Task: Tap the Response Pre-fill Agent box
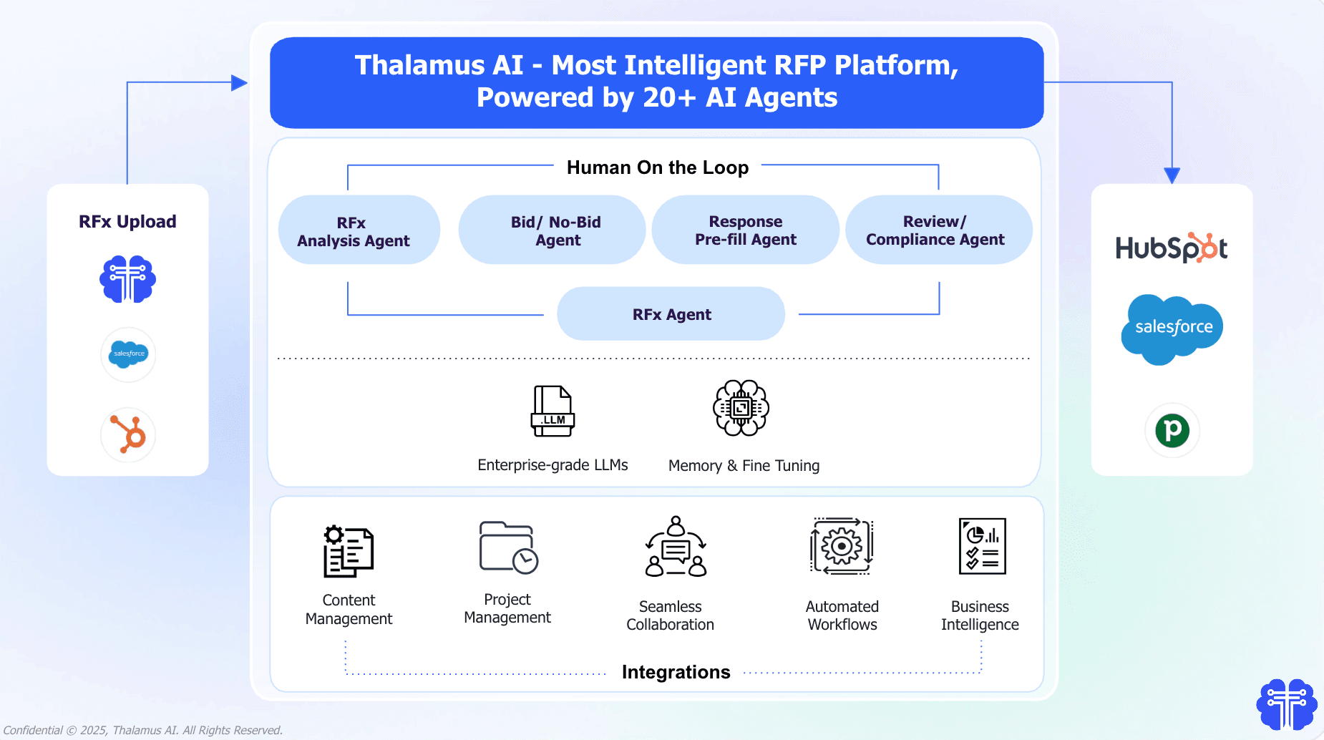point(745,230)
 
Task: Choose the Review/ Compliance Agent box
point(938,230)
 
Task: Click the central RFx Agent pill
point(671,314)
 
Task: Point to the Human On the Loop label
point(657,167)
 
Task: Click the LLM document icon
point(553,411)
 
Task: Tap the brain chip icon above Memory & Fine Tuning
point(741,408)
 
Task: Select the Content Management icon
point(349,551)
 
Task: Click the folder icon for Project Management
point(508,547)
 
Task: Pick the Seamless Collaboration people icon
point(676,547)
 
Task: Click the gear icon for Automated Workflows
point(842,546)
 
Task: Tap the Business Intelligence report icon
point(982,547)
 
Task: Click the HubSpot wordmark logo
point(1172,248)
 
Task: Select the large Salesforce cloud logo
point(1172,328)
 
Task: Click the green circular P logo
point(1172,430)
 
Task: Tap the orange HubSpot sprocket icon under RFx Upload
point(129,434)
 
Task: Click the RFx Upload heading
point(127,222)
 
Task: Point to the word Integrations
point(676,672)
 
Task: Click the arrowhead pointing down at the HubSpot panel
point(1172,175)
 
